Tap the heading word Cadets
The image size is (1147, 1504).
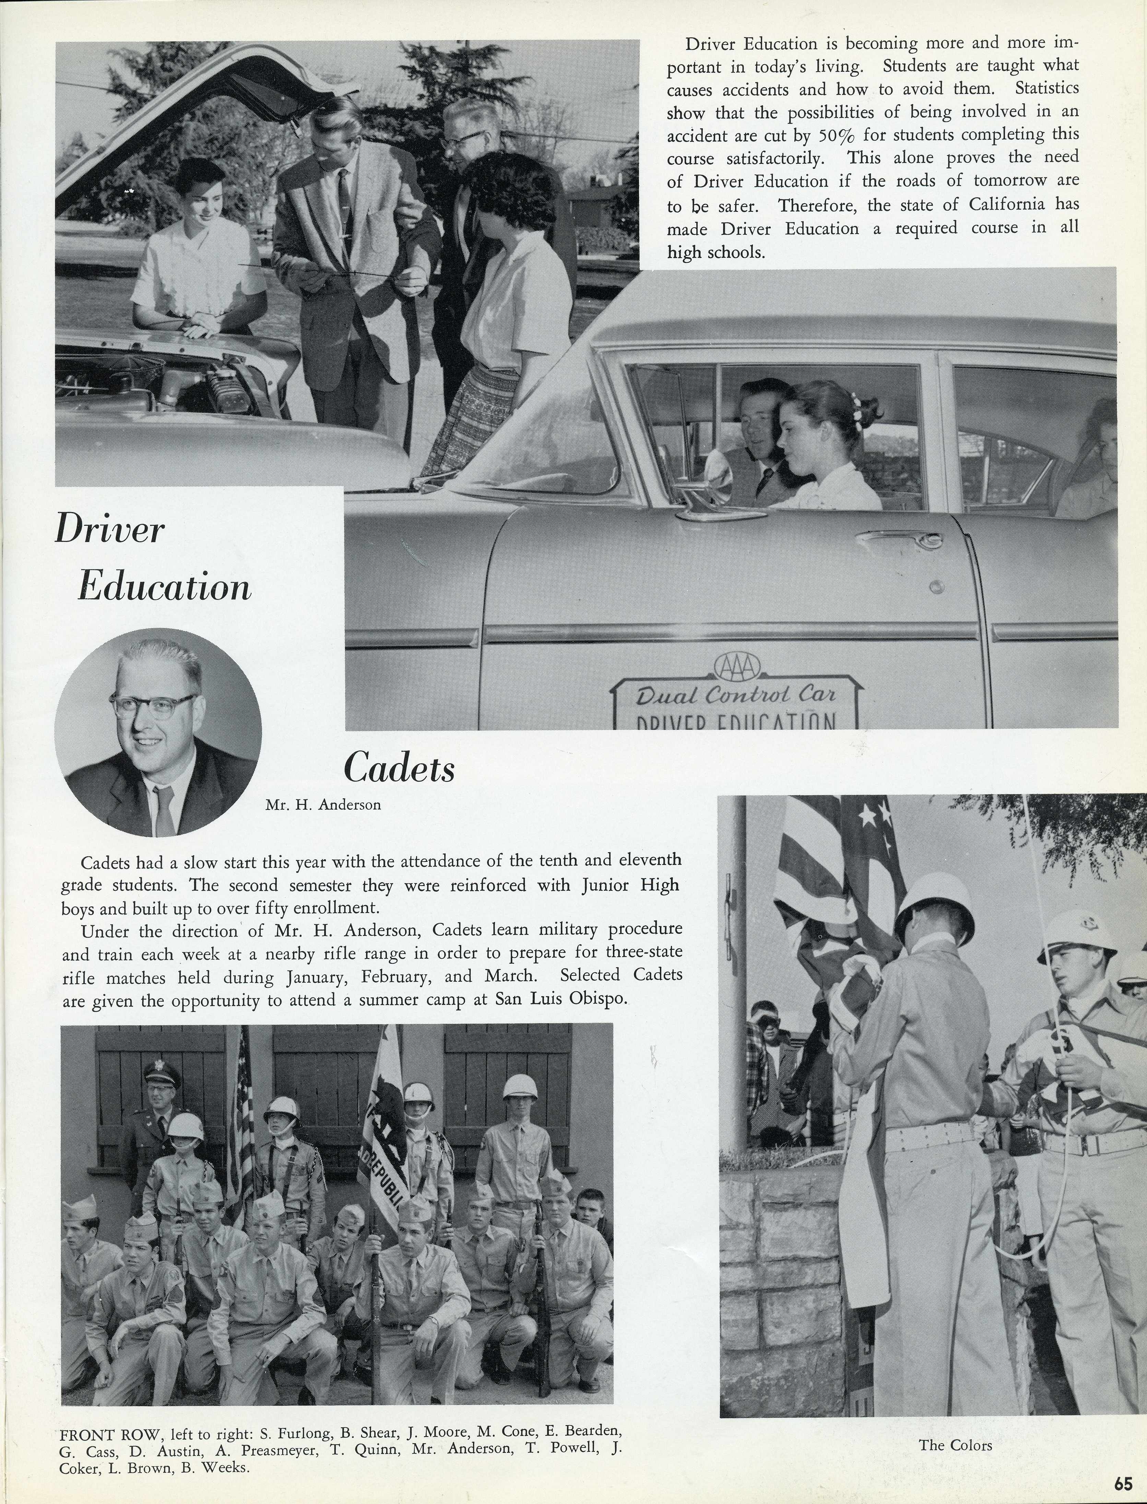pos(399,768)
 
